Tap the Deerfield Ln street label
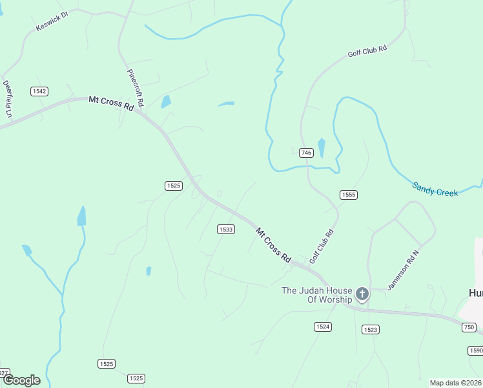[x=8, y=98]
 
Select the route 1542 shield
[x=39, y=91]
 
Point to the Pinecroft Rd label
[x=136, y=88]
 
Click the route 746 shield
[x=306, y=153]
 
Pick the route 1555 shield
[x=349, y=195]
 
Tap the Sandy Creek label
[x=435, y=189]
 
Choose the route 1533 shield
[x=225, y=230]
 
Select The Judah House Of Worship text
[x=316, y=294]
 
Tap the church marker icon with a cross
[x=362, y=295]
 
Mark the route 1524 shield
[x=323, y=327]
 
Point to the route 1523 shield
[x=370, y=330]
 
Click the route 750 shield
[x=469, y=328]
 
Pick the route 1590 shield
[x=476, y=350]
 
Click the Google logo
[x=21, y=380]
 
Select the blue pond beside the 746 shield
[x=321, y=148]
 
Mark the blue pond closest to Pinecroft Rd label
[x=166, y=102]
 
